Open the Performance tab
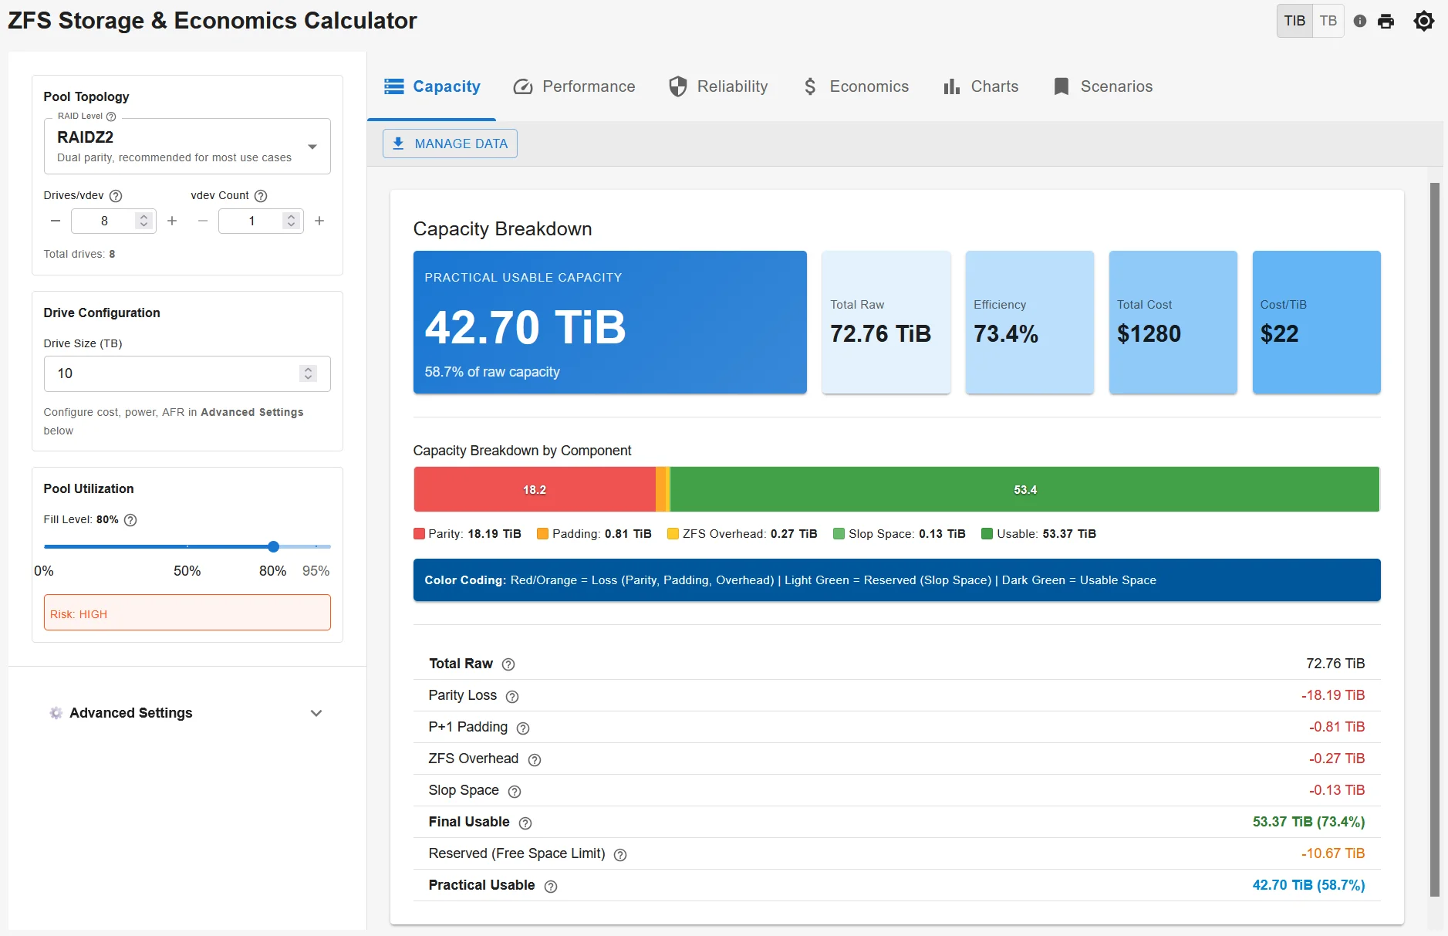click(574, 86)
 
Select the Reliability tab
click(718, 86)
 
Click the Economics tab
click(856, 86)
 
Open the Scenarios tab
click(1102, 86)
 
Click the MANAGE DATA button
click(450, 144)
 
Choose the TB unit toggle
click(1328, 21)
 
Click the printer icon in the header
click(1386, 22)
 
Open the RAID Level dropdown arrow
click(312, 147)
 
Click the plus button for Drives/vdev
click(172, 221)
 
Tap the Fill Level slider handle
click(273, 546)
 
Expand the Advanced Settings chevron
click(316, 713)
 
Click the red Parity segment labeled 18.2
click(534, 489)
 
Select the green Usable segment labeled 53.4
click(1024, 489)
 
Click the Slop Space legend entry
click(899, 534)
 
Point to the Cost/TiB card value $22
click(1279, 334)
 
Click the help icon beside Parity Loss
click(512, 697)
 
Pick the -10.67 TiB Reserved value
click(1332, 853)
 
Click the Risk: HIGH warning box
click(187, 613)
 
